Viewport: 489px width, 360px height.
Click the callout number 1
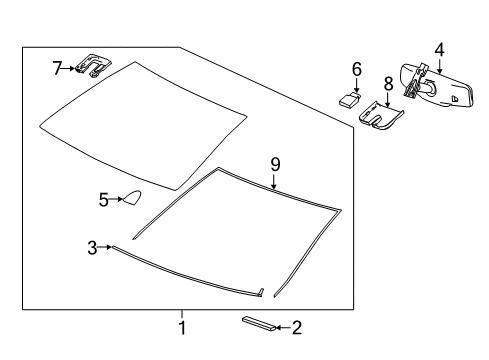(182, 327)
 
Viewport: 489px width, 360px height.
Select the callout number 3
(92, 246)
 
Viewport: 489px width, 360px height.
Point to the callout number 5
(104, 199)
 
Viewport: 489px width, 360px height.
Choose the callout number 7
(57, 68)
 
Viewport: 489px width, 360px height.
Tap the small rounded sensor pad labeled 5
(129, 201)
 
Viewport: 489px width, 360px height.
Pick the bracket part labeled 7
(93, 66)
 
